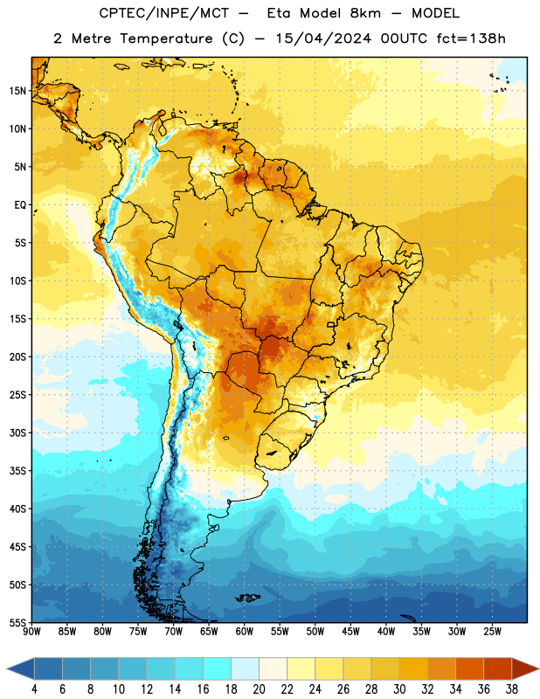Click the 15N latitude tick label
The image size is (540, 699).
(x=17, y=91)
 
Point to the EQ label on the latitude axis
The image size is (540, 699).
(x=20, y=205)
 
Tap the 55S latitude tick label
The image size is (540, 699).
(x=17, y=622)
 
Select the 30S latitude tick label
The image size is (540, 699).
(x=17, y=433)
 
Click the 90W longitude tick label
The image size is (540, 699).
(x=31, y=631)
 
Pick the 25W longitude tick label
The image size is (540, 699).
(x=492, y=631)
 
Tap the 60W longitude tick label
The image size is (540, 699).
(x=245, y=631)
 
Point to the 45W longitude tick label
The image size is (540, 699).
(x=350, y=631)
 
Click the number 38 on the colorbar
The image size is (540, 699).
(x=511, y=689)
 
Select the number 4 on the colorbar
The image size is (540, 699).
(x=34, y=689)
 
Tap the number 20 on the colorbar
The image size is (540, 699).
(x=259, y=689)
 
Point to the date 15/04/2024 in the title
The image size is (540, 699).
(x=322, y=38)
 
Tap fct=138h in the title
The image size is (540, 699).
(x=471, y=38)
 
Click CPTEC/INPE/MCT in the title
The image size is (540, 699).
(x=164, y=13)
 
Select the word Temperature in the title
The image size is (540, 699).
(x=166, y=38)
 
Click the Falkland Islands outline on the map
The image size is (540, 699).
(x=248, y=598)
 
